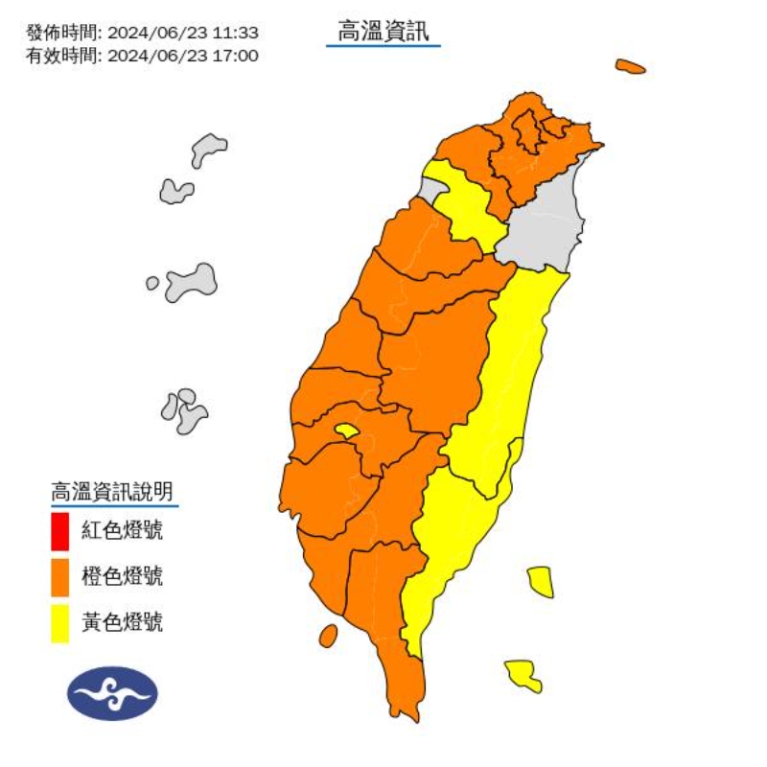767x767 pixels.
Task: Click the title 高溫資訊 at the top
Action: tap(383, 32)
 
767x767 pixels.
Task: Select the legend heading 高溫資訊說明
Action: tap(112, 493)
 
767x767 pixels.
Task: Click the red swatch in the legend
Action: tap(59, 531)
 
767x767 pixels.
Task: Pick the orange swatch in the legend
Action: tap(59, 577)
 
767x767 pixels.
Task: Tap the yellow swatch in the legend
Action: tap(59, 623)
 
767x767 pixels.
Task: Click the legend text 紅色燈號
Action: tap(122, 530)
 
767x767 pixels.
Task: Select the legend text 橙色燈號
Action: tap(122, 576)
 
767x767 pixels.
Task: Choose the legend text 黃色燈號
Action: tap(122, 622)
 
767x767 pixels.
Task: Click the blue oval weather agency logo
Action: tap(112, 693)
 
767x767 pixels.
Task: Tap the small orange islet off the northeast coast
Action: tap(630, 66)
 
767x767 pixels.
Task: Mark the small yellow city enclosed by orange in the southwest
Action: tap(347, 431)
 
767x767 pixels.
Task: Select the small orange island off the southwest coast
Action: tap(328, 636)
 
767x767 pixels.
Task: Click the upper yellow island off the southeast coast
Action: tap(541, 581)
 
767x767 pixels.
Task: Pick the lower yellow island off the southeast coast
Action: tap(523, 674)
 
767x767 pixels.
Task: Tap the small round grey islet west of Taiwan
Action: tap(152, 284)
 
